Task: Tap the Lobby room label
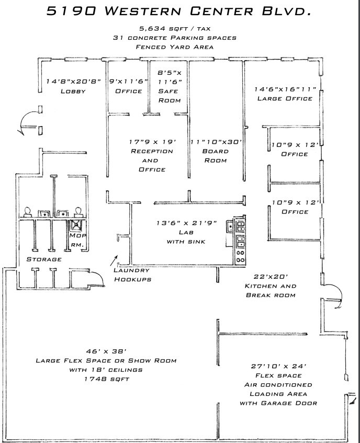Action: [72, 91]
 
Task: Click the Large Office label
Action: [284, 98]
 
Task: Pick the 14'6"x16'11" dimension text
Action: [284, 89]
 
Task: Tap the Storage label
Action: [44, 259]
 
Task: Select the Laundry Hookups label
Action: [132, 275]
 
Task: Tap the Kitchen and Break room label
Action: [271, 291]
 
